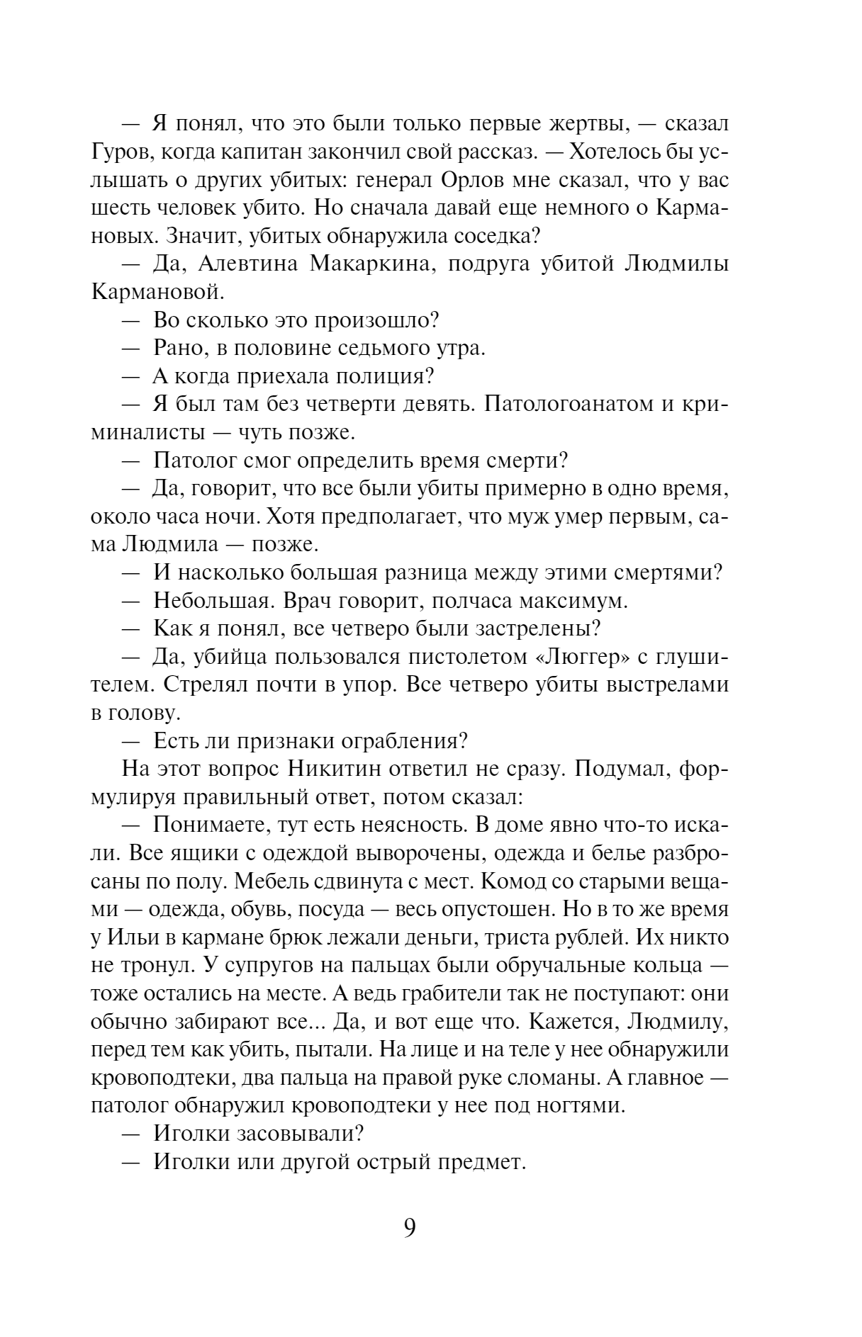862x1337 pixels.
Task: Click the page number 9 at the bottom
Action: pos(409,1226)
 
